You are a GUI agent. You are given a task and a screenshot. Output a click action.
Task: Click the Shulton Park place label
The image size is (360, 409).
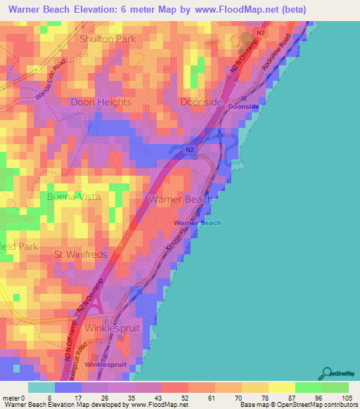(107, 39)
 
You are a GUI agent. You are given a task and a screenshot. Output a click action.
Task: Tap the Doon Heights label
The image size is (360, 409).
(101, 102)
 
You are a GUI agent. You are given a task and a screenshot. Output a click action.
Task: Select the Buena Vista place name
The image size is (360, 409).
(74, 197)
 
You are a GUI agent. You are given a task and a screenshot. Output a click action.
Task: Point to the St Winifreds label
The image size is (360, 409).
(81, 253)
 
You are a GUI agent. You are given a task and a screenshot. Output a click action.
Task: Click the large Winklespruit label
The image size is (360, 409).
(112, 328)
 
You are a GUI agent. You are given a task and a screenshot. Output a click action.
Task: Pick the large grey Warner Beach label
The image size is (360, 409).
(181, 200)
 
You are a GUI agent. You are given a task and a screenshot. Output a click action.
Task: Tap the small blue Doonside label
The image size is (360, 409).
(244, 107)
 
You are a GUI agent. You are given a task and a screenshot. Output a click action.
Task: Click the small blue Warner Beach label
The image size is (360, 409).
(198, 223)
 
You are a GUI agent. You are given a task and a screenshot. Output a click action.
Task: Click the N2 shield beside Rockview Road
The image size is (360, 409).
(260, 32)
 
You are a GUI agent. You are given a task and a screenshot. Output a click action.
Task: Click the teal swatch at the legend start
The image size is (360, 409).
(41, 387)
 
